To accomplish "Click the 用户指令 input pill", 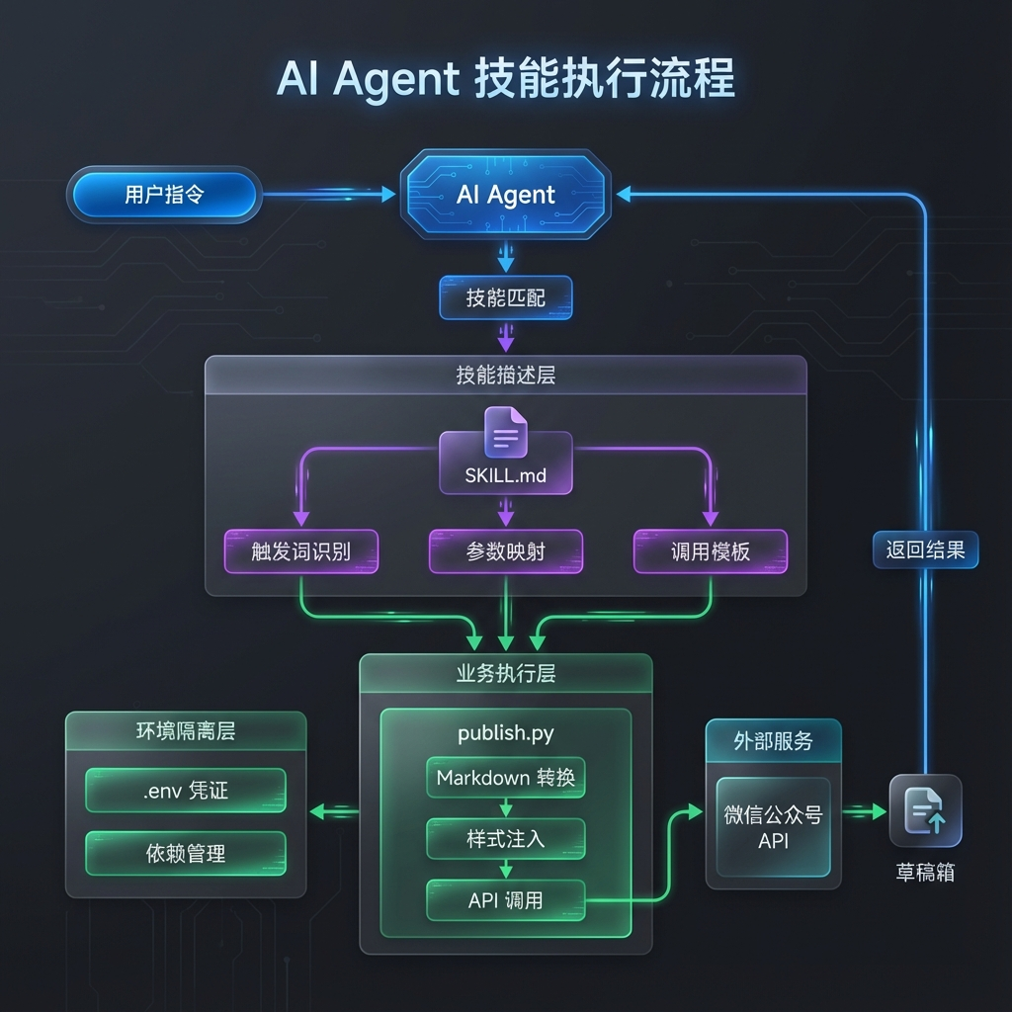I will [164, 195].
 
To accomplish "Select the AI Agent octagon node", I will [506, 195].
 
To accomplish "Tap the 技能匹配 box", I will [506, 297].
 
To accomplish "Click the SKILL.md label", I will [505, 475].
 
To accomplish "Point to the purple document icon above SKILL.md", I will [506, 433].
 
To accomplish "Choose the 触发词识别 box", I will [301, 551].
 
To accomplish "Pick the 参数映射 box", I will [506, 551].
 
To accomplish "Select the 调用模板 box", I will [710, 551].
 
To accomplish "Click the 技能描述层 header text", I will [506, 375].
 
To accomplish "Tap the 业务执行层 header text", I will [506, 674].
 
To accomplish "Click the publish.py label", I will [506, 733].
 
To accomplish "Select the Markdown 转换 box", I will [506, 778].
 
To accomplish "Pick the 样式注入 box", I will [506, 839].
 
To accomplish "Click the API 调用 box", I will [506, 900].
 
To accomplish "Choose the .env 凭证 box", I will [186, 791].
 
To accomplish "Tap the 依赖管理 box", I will [186, 853].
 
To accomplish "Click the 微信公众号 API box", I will [773, 827].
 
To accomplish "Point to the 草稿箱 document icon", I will [925, 810].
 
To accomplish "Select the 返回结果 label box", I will [925, 550].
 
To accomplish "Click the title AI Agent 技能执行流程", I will [506, 80].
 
